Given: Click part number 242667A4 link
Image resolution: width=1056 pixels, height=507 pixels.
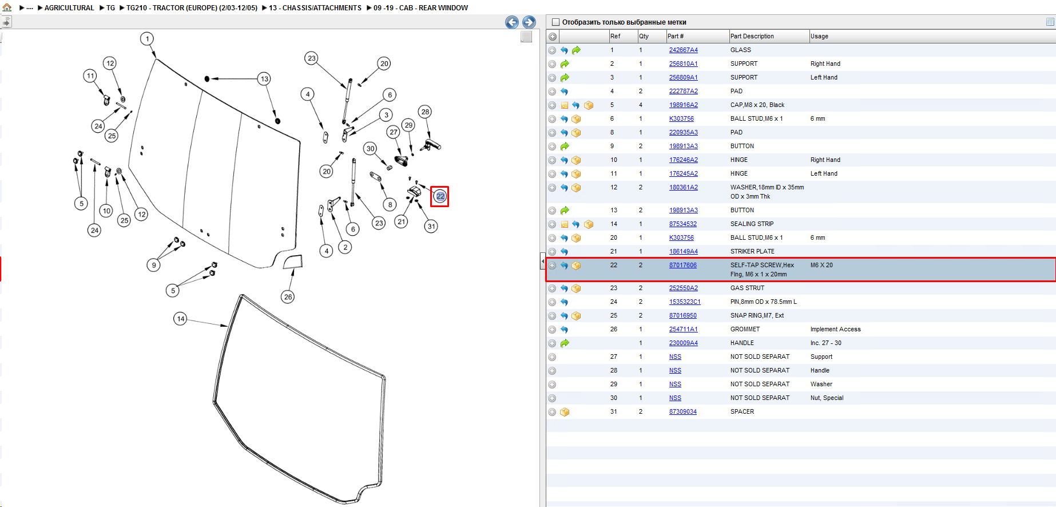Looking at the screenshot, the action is pos(683,50).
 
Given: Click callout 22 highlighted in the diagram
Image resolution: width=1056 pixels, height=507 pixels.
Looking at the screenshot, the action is pos(440,196).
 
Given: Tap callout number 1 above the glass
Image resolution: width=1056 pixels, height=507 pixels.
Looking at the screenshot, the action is pos(148,39).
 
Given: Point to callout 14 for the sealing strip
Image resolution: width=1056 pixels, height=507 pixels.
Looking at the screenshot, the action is pos(181,319).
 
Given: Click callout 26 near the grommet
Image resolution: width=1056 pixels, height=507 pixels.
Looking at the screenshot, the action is pos(288,297).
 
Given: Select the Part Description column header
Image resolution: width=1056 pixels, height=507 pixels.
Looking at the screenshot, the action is pos(752,36).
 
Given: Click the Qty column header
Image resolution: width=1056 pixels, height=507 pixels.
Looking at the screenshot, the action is pos(644,36).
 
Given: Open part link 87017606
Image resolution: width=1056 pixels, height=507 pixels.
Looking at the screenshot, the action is pos(683,265).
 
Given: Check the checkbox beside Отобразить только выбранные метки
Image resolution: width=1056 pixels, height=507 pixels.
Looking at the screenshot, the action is pos(555,22).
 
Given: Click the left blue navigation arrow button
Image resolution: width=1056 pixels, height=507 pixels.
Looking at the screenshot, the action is pos(512,22).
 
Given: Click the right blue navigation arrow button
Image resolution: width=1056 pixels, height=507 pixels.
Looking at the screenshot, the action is pos(529,22).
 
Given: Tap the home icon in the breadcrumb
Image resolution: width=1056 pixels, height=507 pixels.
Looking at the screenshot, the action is pos(7,7).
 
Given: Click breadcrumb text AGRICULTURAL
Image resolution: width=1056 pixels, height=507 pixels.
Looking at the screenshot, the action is pos(69,7).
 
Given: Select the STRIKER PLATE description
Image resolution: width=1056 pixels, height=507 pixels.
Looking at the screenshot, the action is pos(752,251).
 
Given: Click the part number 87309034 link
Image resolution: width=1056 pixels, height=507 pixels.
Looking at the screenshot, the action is pos(683,411).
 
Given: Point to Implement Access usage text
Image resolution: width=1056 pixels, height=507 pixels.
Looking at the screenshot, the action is pos(835,329).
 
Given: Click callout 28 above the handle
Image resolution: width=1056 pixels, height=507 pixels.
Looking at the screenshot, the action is pos(424,112).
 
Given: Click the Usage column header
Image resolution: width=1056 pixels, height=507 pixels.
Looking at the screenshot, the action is pos(819,36).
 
